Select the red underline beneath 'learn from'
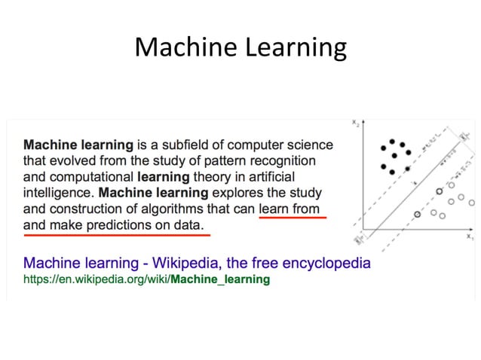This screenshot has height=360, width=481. tap(292, 217)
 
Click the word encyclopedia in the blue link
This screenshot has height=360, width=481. tap(325, 264)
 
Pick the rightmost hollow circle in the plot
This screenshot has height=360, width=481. tap(470, 203)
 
